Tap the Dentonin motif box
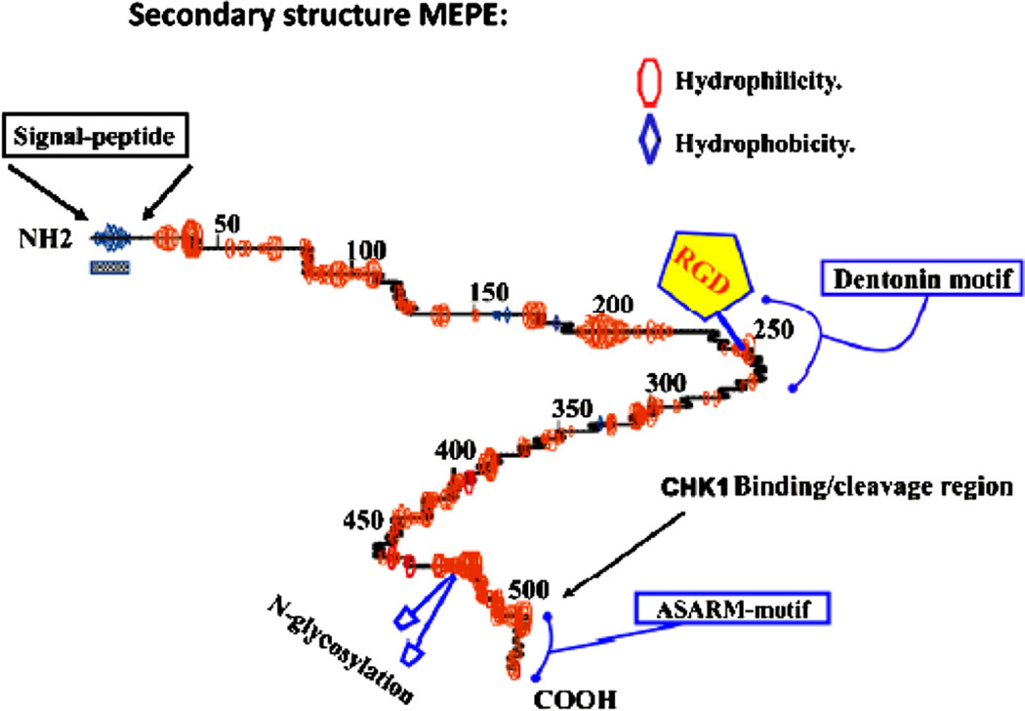click(919, 281)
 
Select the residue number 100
click(366, 250)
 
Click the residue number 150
click(488, 292)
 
